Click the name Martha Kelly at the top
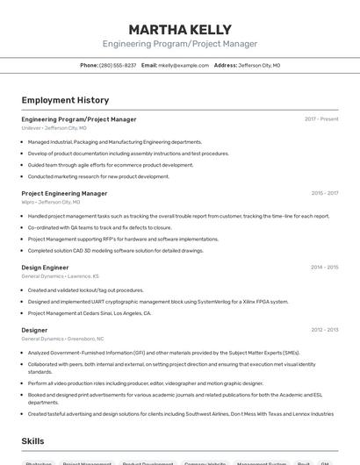click(x=180, y=30)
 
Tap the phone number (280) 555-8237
click(x=117, y=65)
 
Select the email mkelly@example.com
click(x=184, y=65)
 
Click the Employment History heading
click(x=65, y=100)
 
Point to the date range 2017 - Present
click(x=321, y=119)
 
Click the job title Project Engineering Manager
click(x=64, y=193)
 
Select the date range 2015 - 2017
click(x=324, y=193)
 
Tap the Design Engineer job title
click(x=45, y=267)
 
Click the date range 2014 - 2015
click(x=324, y=267)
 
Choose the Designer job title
click(x=35, y=330)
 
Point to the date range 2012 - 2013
click(x=324, y=330)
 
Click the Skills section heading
click(x=32, y=441)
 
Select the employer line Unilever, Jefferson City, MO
click(x=54, y=128)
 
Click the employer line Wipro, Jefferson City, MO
click(x=51, y=202)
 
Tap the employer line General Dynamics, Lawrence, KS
click(x=59, y=275)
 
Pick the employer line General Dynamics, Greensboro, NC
click(x=62, y=339)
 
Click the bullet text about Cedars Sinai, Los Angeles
click(x=90, y=312)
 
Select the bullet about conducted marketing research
click(x=98, y=176)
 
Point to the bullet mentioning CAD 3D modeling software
click(x=116, y=250)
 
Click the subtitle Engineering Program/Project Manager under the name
click(x=180, y=44)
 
